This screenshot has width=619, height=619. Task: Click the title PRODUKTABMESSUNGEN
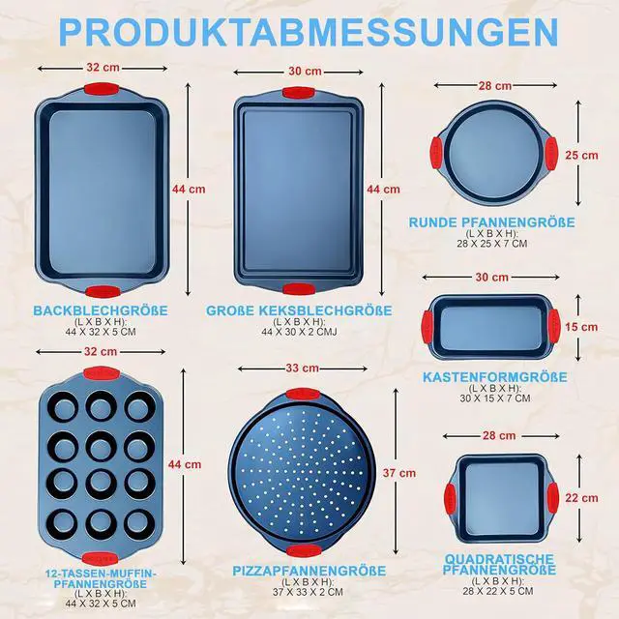(309, 32)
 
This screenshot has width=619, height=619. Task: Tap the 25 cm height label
(581, 155)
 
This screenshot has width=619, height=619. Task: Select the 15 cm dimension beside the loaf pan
(581, 327)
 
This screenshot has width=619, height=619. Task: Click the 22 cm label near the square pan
(581, 498)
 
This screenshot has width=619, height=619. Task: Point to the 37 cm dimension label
(399, 473)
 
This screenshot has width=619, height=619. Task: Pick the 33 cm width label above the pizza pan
(303, 368)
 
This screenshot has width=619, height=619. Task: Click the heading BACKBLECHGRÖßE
(101, 310)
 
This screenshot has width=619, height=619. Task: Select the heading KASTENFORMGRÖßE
(495, 377)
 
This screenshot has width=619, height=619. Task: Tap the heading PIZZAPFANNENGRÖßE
(309, 571)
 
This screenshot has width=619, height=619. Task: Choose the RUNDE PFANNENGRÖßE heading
(492, 222)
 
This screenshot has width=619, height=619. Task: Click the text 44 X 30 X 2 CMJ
(299, 332)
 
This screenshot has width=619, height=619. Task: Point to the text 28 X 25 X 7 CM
(492, 244)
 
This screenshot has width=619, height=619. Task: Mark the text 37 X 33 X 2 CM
(308, 592)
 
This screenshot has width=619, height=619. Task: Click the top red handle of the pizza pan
(303, 394)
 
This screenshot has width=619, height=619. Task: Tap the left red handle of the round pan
(436, 153)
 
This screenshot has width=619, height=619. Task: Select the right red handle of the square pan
(553, 498)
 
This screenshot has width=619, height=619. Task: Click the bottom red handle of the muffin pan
(100, 559)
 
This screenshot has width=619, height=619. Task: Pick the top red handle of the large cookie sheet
(299, 93)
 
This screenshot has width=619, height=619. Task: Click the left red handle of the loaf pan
(427, 327)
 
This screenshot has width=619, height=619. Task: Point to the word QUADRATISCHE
(499, 559)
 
